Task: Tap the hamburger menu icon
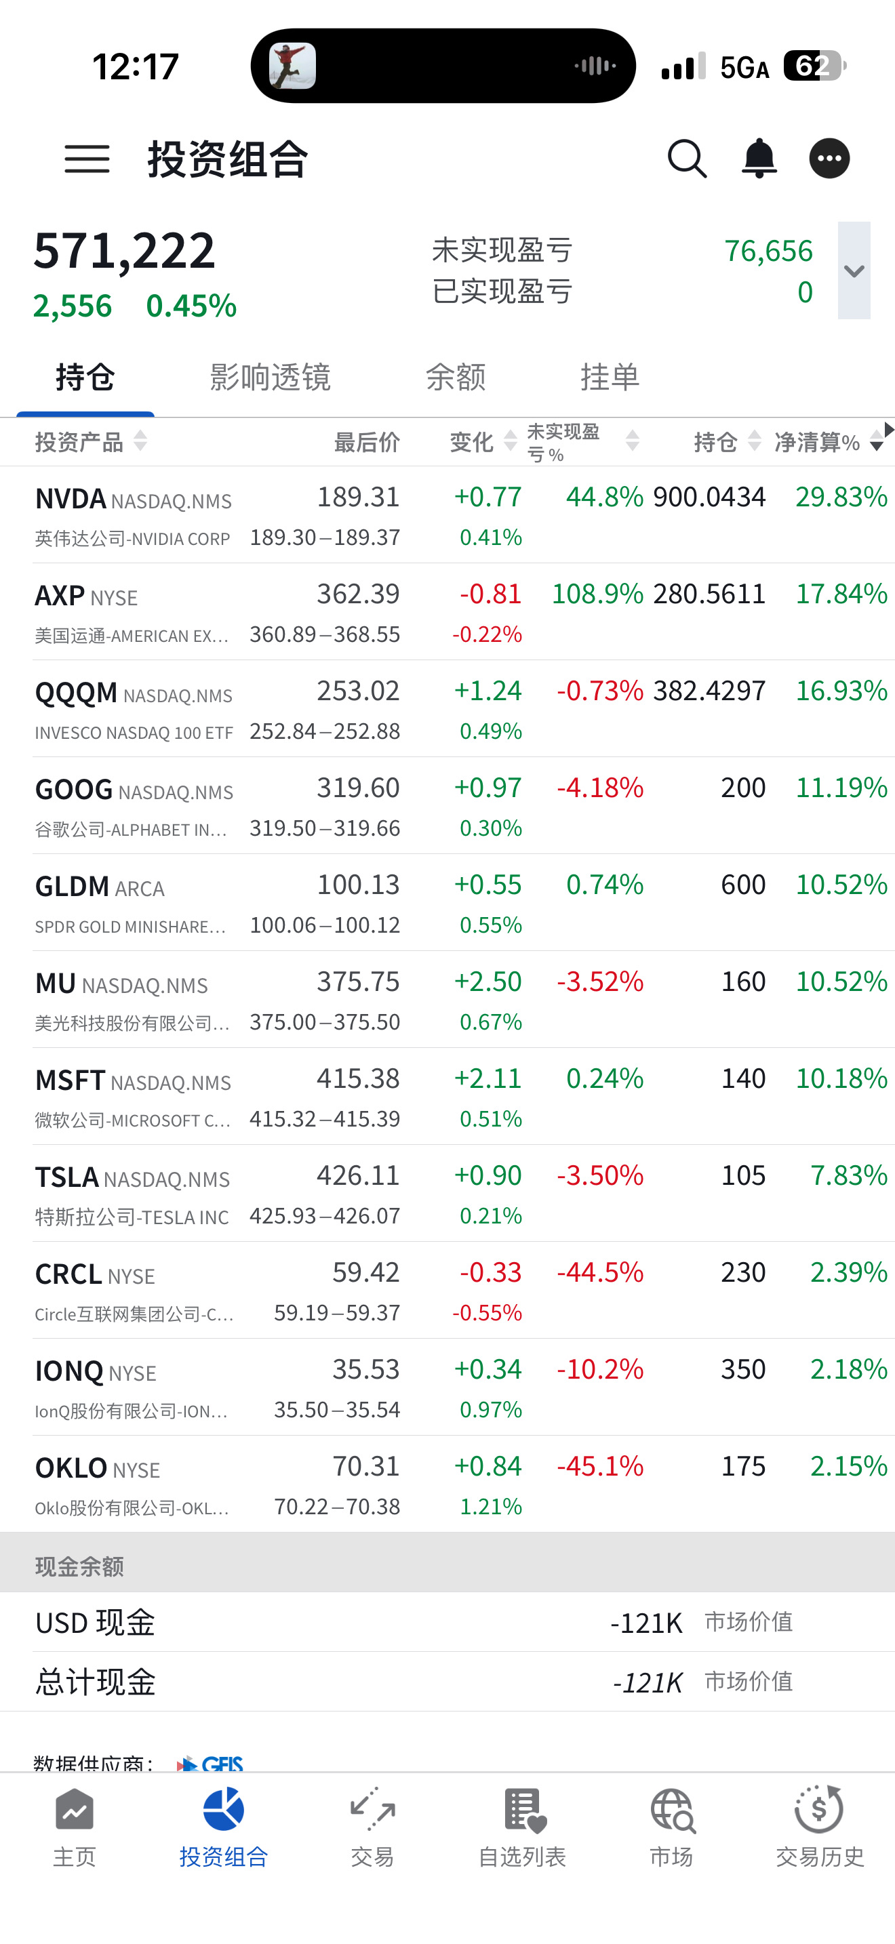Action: [87, 159]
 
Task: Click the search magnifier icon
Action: [687, 159]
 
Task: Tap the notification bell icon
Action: [759, 159]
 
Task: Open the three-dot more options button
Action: [829, 159]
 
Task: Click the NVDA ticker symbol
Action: [71, 499]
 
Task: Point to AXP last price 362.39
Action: [358, 594]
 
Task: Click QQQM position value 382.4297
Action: [709, 691]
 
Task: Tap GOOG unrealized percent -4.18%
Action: [600, 788]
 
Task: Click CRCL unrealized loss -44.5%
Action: [600, 1272]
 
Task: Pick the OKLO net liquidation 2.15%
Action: [848, 1466]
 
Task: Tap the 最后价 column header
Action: [367, 442]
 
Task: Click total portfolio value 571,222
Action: [125, 251]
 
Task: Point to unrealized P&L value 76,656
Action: [768, 251]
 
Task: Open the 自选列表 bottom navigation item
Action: [522, 1826]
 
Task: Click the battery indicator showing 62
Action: [815, 66]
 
